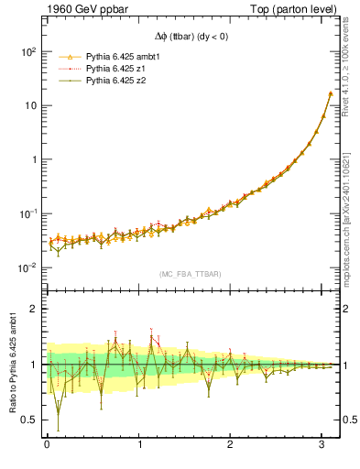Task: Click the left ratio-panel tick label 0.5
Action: point(27,420)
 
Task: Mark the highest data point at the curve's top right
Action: point(330,93)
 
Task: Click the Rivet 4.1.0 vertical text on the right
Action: point(352,73)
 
